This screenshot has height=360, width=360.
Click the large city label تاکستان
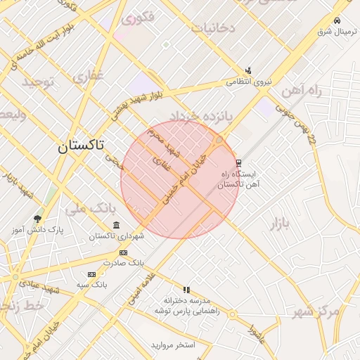[x=79, y=146]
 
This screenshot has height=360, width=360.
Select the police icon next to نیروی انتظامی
[x=248, y=70]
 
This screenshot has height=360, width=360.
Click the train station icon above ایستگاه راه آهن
[x=239, y=162]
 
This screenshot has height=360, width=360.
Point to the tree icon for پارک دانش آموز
[x=37, y=219]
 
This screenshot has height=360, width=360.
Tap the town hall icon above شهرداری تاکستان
[x=116, y=225]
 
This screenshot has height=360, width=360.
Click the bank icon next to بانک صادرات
[x=123, y=252]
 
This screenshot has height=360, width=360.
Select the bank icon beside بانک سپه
[x=91, y=274]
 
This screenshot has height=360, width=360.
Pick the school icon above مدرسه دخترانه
[x=186, y=290]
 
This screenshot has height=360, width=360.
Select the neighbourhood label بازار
[x=278, y=224]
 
